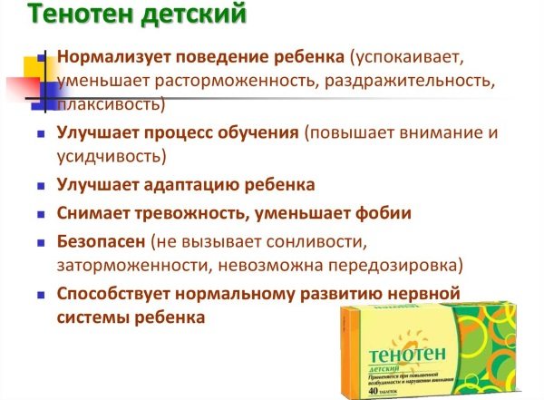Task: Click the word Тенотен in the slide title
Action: pos(63,15)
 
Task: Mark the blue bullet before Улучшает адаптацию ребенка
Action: pos(41,185)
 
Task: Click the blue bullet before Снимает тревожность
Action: pos(41,214)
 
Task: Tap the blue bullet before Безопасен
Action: pos(41,243)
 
